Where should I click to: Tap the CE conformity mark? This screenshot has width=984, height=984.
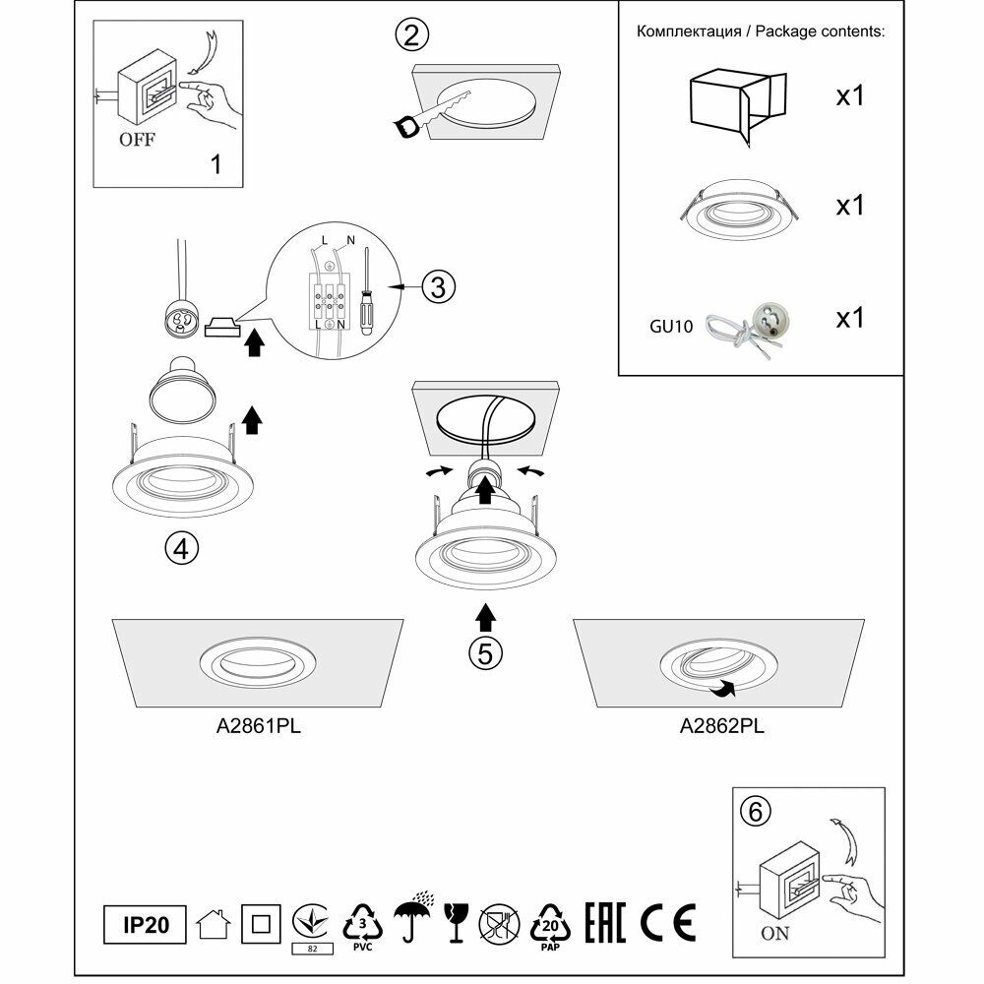tap(668, 922)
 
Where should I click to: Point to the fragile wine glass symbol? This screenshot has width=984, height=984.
tap(455, 922)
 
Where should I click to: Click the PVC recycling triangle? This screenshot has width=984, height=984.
tap(362, 924)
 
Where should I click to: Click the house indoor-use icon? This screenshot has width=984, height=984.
tap(214, 924)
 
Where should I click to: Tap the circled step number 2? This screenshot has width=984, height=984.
tap(411, 36)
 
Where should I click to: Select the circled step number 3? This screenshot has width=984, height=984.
tap(439, 287)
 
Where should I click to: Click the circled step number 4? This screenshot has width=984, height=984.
tap(180, 548)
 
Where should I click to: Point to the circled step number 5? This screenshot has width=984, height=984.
tap(484, 652)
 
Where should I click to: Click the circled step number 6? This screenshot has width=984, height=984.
tap(755, 812)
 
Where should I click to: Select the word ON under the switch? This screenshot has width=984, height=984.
tap(775, 934)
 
